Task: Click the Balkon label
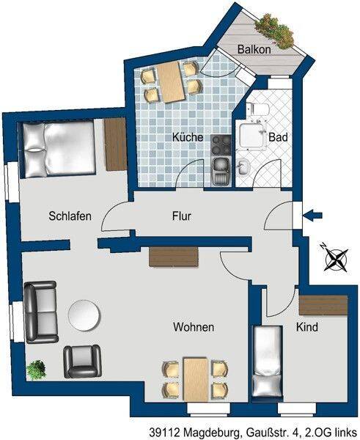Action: tap(254, 49)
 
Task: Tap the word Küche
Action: tap(188, 137)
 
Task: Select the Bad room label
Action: tap(278, 137)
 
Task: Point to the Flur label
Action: tap(182, 216)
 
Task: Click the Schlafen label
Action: tap(70, 216)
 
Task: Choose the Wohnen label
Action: tap(194, 327)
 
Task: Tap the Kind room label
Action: tap(307, 327)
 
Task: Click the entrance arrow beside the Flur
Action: tap(312, 216)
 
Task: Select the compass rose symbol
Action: tap(335, 258)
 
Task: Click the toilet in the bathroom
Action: tap(258, 109)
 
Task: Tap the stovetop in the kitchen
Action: tap(221, 145)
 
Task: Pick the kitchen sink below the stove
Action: tap(221, 171)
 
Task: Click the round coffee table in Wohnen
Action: tap(84, 315)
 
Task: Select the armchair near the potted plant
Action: tap(82, 362)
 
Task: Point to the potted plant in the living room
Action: tap(36, 370)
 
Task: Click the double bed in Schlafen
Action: tap(59, 150)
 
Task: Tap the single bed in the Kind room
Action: tap(267, 361)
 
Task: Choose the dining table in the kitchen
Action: tap(172, 82)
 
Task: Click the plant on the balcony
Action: tap(276, 31)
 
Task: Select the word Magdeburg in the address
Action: tap(211, 432)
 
